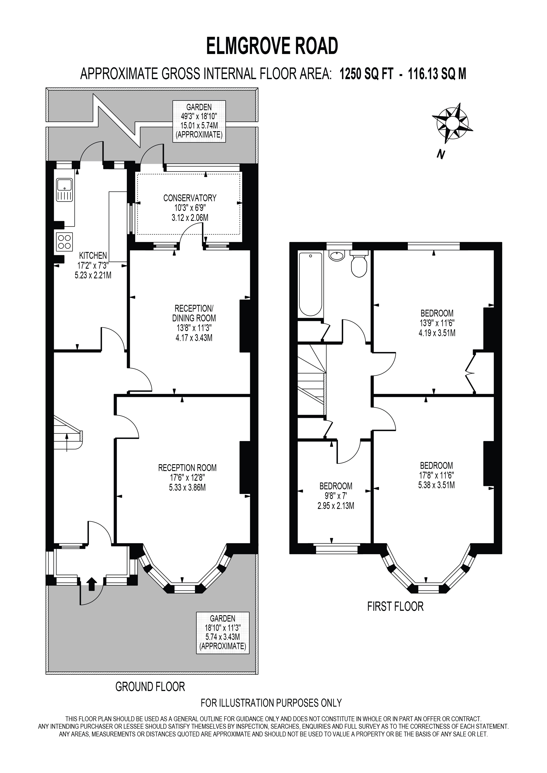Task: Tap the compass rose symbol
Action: pyautogui.click(x=452, y=123)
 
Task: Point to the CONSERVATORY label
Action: pyautogui.click(x=190, y=198)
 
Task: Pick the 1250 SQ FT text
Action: pyautogui.click(x=366, y=74)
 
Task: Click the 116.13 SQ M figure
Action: pyautogui.click(x=437, y=74)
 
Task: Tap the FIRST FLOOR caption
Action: pyautogui.click(x=395, y=606)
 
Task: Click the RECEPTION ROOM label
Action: pyautogui.click(x=187, y=468)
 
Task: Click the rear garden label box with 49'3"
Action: pyautogui.click(x=199, y=121)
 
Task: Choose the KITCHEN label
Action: pyautogui.click(x=93, y=255)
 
